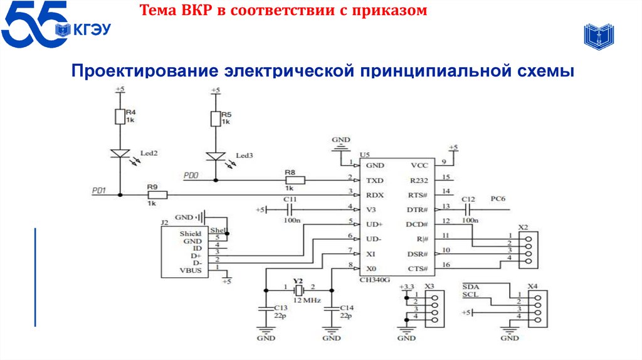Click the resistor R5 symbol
pos(215,118)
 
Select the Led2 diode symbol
pos(120,154)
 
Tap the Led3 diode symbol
pos(215,157)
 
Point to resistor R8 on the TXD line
pos(295,181)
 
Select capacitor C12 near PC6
pos(468,209)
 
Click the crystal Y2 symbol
pos(298,290)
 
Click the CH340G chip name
pos(375,280)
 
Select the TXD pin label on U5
pos(375,181)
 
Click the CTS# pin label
pos(417,269)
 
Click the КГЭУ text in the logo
pos(94,29)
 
